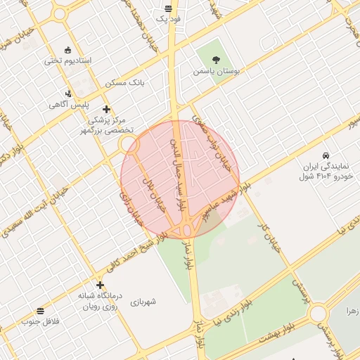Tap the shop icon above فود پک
(168, 8)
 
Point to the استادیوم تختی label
(68, 60)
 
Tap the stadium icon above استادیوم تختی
(67, 50)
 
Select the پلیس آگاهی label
(62, 105)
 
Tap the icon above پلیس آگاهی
(67, 94)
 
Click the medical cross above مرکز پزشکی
(106, 109)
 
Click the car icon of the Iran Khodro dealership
(326, 155)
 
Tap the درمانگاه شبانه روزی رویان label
(99, 301)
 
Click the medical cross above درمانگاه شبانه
(101, 285)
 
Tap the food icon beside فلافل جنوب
(39, 311)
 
